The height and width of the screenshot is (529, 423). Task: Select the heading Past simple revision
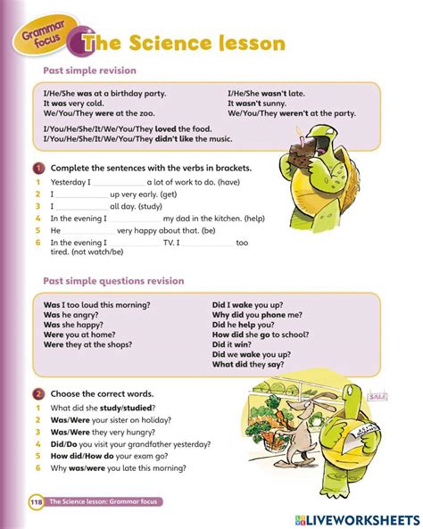[89, 70]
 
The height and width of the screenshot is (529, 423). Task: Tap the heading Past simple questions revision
[113, 281]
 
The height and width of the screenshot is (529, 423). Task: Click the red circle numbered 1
[38, 168]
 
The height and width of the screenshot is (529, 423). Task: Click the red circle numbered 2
[38, 393]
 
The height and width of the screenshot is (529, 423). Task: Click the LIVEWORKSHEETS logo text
[366, 518]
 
